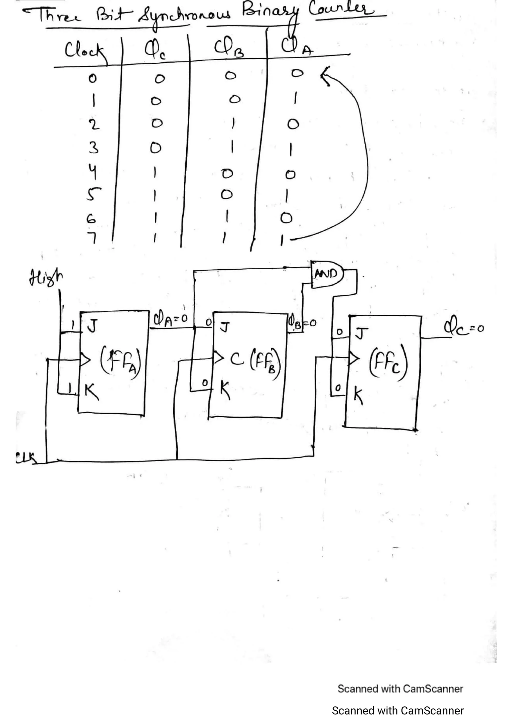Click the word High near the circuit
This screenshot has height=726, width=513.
pos(46,278)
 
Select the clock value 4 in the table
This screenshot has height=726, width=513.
pos(92,172)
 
